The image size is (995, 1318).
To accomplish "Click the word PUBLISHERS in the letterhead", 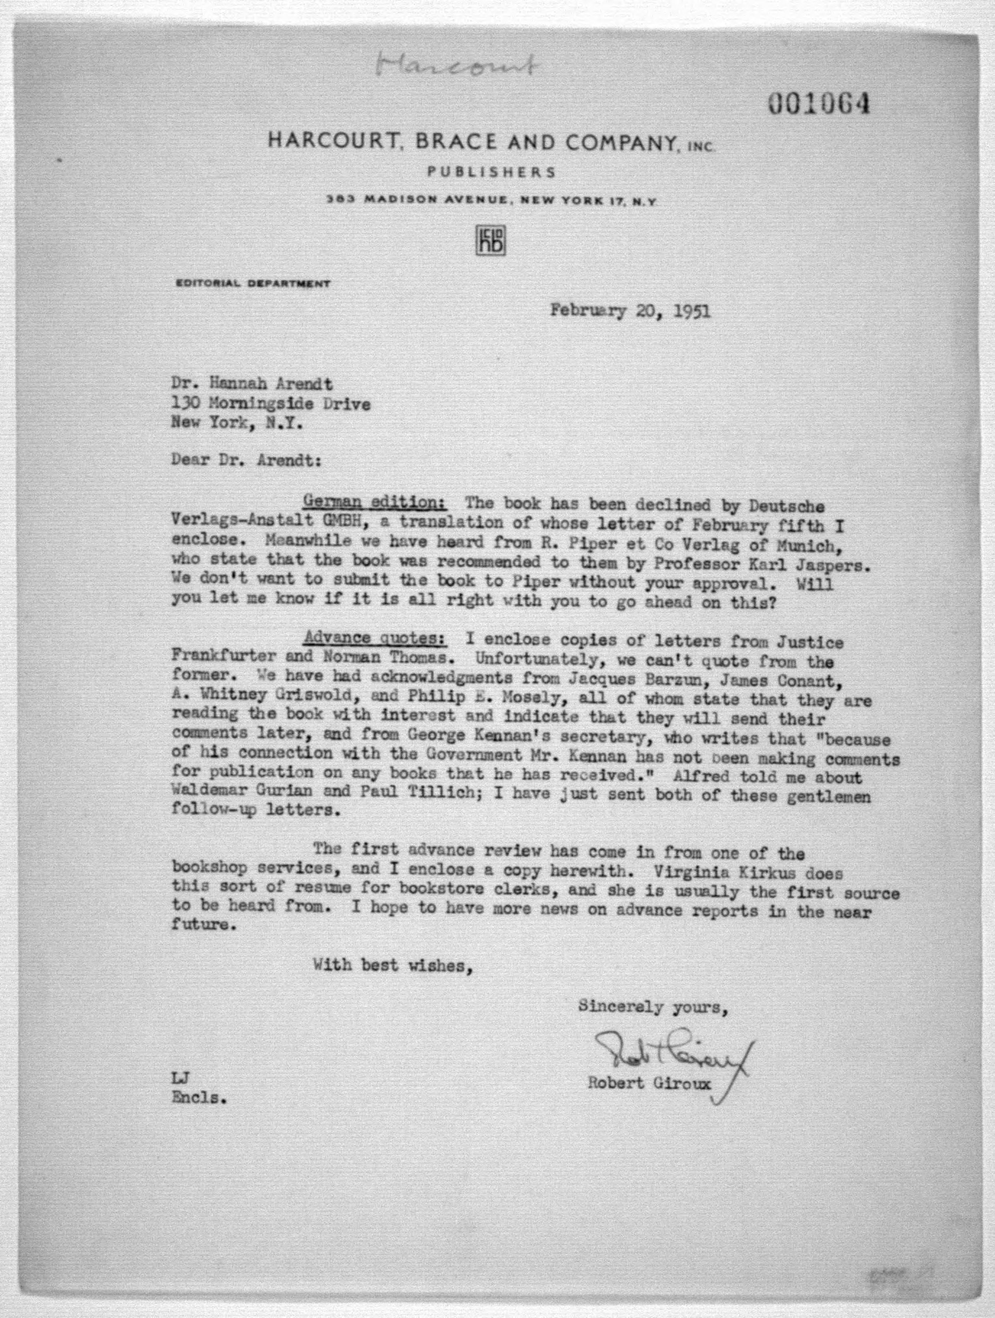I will [492, 172].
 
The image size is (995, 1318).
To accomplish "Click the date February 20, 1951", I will [630, 311].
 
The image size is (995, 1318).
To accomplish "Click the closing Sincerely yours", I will [652, 1007].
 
